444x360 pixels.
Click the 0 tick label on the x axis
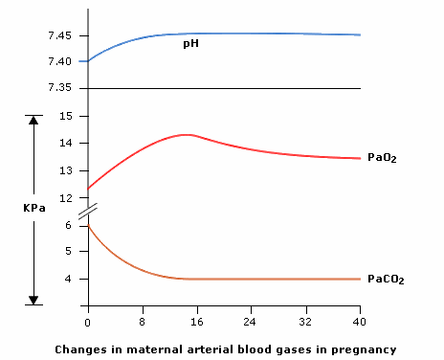(87, 311)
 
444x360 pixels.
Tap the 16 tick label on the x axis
(197, 311)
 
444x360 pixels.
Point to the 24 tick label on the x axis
(252, 311)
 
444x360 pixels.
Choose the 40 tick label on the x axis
(360, 311)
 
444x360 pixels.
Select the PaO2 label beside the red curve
(382, 157)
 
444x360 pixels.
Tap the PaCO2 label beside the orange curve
(386, 279)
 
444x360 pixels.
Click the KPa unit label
(34, 207)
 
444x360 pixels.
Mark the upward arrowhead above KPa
(34, 121)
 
